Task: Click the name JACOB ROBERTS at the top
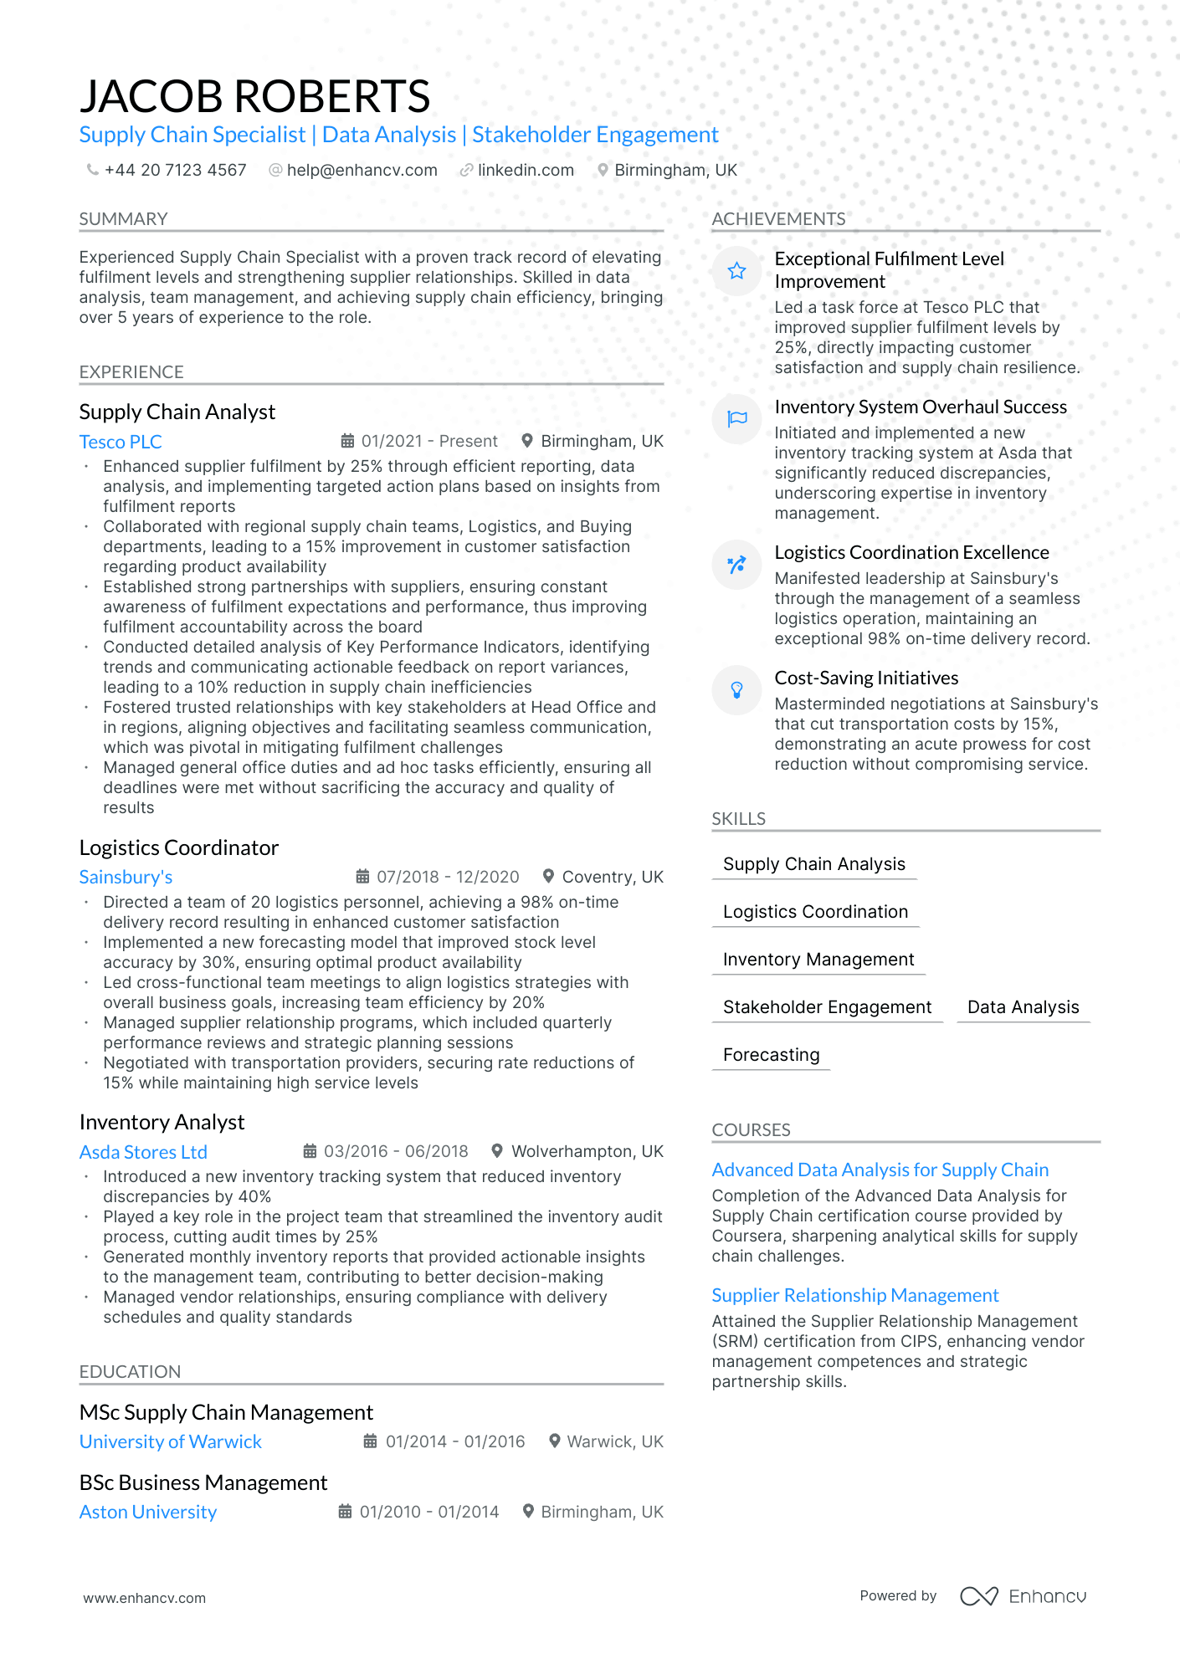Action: tap(254, 96)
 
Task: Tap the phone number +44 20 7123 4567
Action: tap(175, 170)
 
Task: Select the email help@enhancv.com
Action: tap(362, 170)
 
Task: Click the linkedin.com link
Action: tap(526, 170)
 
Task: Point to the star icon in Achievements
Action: tap(736, 271)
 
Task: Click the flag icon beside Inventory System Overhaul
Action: tap(736, 418)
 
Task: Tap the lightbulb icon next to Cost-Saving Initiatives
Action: tap(736, 690)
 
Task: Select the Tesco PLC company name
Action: tap(121, 442)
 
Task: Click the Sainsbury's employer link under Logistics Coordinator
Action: tap(126, 877)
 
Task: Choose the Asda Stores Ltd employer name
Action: tap(143, 1152)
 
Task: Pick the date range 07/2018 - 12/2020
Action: tap(448, 877)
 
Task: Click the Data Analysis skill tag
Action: tap(1023, 1007)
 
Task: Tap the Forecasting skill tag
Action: tap(771, 1055)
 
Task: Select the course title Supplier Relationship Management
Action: tap(854, 1295)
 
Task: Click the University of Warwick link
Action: tap(170, 1441)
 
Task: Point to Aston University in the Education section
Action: tap(147, 1512)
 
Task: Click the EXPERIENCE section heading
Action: tap(131, 372)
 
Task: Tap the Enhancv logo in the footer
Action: tap(1023, 1596)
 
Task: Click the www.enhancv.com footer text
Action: tap(144, 1598)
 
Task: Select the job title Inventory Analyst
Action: tap(162, 1122)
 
